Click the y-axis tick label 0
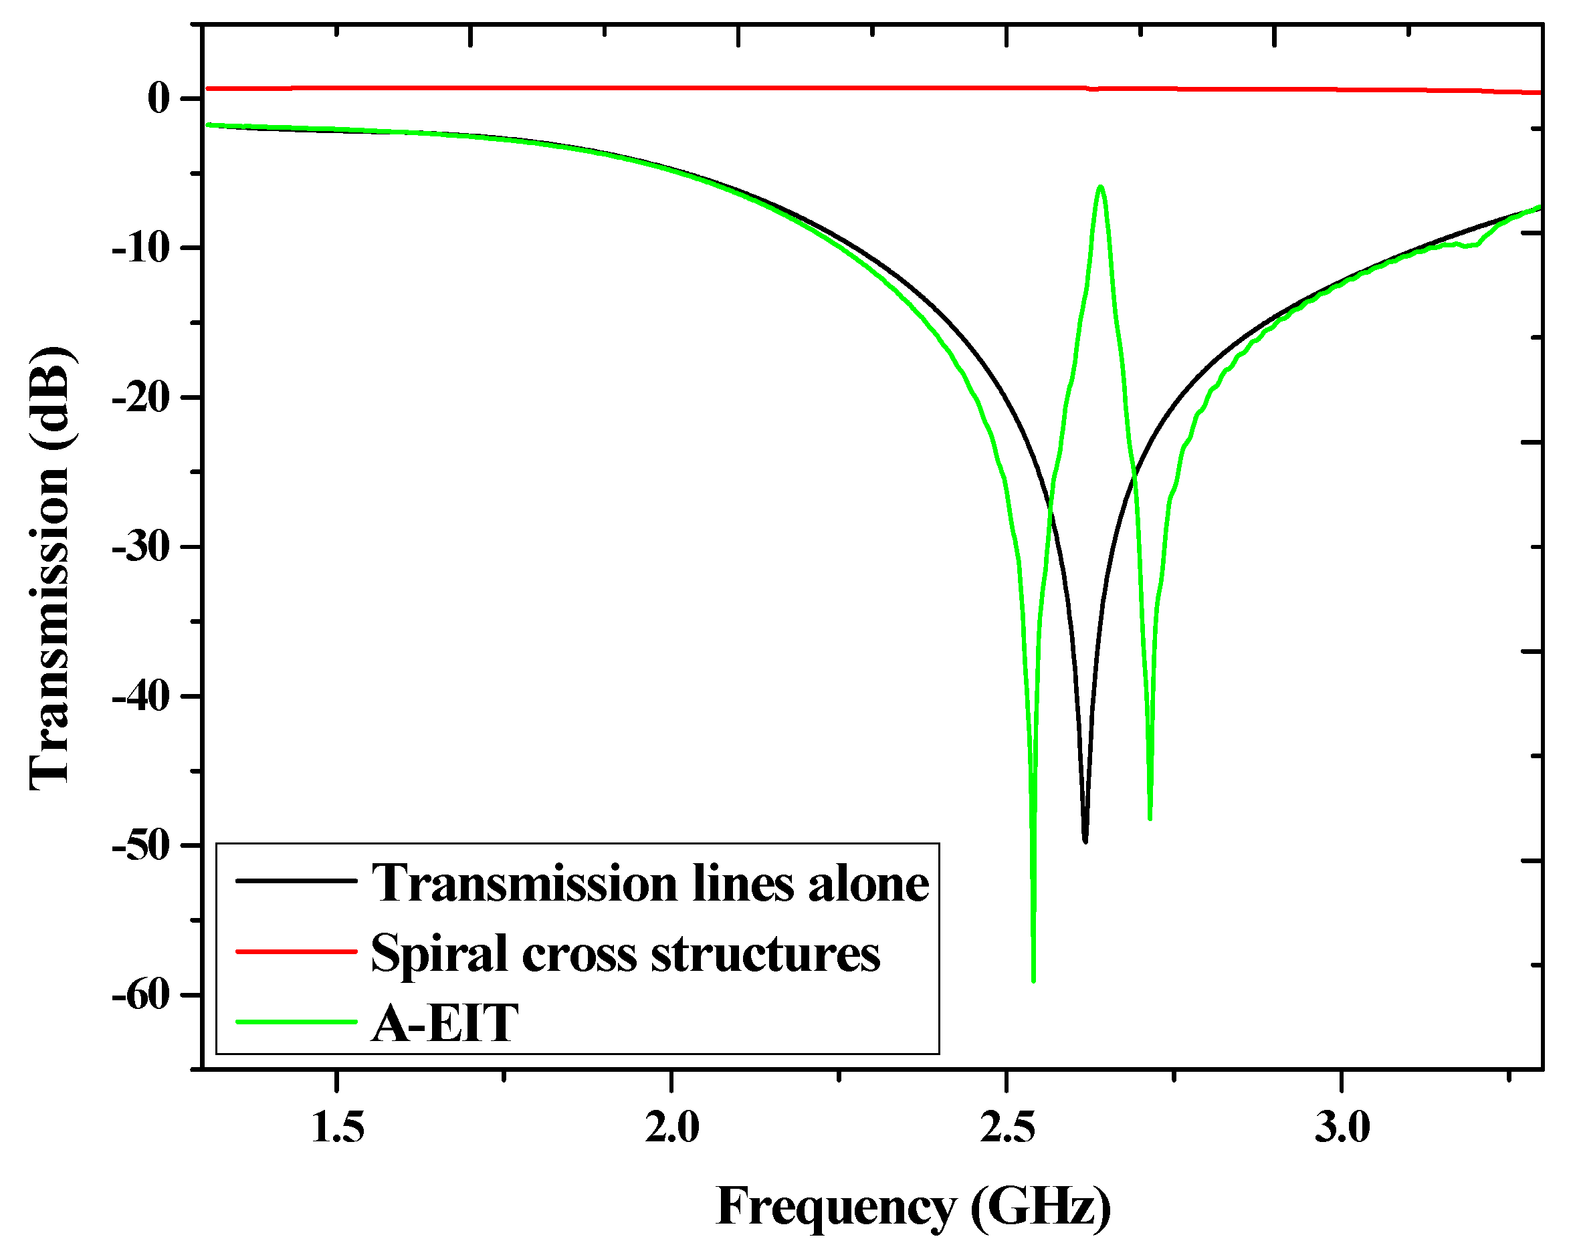pyautogui.click(x=159, y=98)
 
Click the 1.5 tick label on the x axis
pyautogui.click(x=337, y=1127)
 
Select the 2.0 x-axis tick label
pyautogui.click(x=671, y=1127)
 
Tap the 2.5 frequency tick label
pyautogui.click(x=1007, y=1127)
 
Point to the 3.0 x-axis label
pyautogui.click(x=1342, y=1127)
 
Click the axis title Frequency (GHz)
pyautogui.click(x=912, y=1206)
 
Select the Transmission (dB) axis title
pyautogui.click(x=49, y=569)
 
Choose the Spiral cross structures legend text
pyautogui.click(x=625, y=953)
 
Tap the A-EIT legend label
pyautogui.click(x=445, y=1023)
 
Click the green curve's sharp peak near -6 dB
pyautogui.click(x=1101, y=187)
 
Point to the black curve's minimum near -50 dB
pyautogui.click(x=1085, y=840)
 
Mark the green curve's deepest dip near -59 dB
pyautogui.click(x=1033, y=980)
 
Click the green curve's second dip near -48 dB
pyautogui.click(x=1150, y=817)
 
